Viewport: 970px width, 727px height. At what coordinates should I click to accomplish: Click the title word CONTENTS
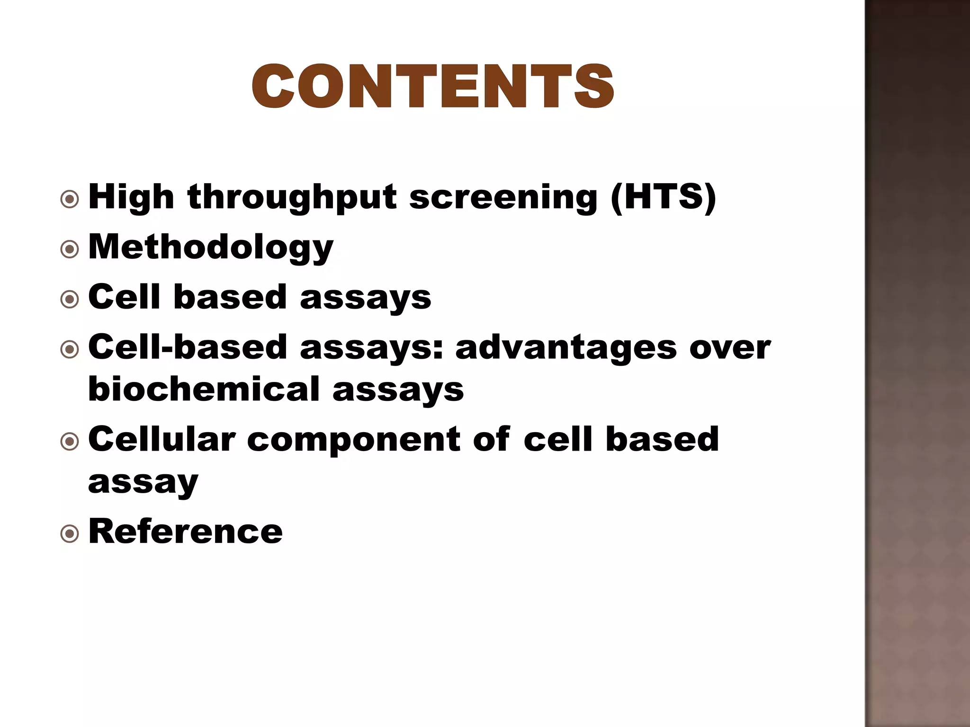pos(432,87)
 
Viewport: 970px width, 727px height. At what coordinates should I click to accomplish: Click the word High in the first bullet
pos(131,197)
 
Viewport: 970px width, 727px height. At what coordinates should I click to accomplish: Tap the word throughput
pos(292,197)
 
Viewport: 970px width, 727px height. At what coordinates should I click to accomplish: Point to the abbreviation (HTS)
pos(663,197)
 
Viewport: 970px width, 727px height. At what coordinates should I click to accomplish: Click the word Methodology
pos(211,248)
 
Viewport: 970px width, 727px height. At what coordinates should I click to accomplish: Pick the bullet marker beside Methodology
pos(70,249)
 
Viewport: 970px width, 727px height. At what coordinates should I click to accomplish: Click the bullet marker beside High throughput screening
pos(70,199)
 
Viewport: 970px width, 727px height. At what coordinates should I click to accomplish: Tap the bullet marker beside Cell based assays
pos(70,299)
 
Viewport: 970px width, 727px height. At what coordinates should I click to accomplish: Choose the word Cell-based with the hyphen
pos(188,347)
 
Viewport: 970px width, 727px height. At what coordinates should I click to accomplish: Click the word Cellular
pos(162,439)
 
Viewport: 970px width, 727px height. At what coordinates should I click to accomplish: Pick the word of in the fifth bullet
pos(492,439)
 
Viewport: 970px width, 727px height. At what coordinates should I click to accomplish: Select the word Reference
pos(185,532)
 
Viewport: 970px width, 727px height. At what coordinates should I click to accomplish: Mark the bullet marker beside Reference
pos(70,534)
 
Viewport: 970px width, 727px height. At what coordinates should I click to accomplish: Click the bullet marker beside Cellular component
pos(70,441)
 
